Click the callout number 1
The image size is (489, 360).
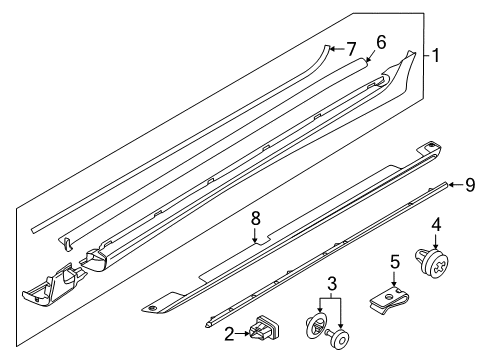coord(435,55)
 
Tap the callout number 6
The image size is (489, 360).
coord(381,42)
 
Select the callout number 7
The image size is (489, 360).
coord(351,49)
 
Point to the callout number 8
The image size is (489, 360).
coord(255,219)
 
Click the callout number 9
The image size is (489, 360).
coord(470,185)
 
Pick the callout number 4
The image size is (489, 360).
coord(436,224)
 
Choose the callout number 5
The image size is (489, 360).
coord(395,262)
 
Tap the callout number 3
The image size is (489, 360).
coord(332,284)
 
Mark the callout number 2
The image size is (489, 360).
coord(229,334)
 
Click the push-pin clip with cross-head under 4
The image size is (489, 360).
coord(432,264)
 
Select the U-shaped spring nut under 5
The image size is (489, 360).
coord(389,300)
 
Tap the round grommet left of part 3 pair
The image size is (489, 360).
coord(315,326)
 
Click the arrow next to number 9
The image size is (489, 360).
coord(456,184)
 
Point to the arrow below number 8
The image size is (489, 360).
coord(255,236)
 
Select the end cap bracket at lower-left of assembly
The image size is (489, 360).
coord(52,284)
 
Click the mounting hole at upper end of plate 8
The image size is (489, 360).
coord(432,145)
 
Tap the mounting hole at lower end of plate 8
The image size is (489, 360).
coord(152,308)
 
